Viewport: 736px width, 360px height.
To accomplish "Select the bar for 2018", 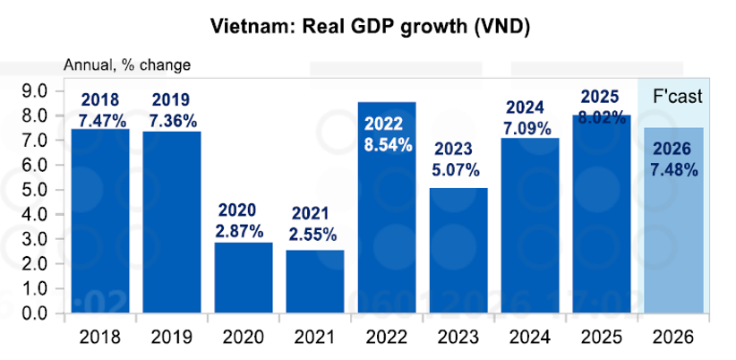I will pos(100,224).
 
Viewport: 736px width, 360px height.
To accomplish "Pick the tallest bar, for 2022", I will pos(387,224).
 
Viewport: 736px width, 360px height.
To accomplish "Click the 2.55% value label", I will pos(314,235).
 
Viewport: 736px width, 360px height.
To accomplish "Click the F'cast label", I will pos(674,96).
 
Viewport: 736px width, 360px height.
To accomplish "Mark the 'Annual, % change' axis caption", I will pos(126,65).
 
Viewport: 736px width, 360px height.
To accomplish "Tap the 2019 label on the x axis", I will pos(172,339).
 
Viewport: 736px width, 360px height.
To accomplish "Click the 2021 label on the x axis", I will pos(315,339).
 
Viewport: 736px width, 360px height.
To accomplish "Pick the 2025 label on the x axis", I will pos(602,339).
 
